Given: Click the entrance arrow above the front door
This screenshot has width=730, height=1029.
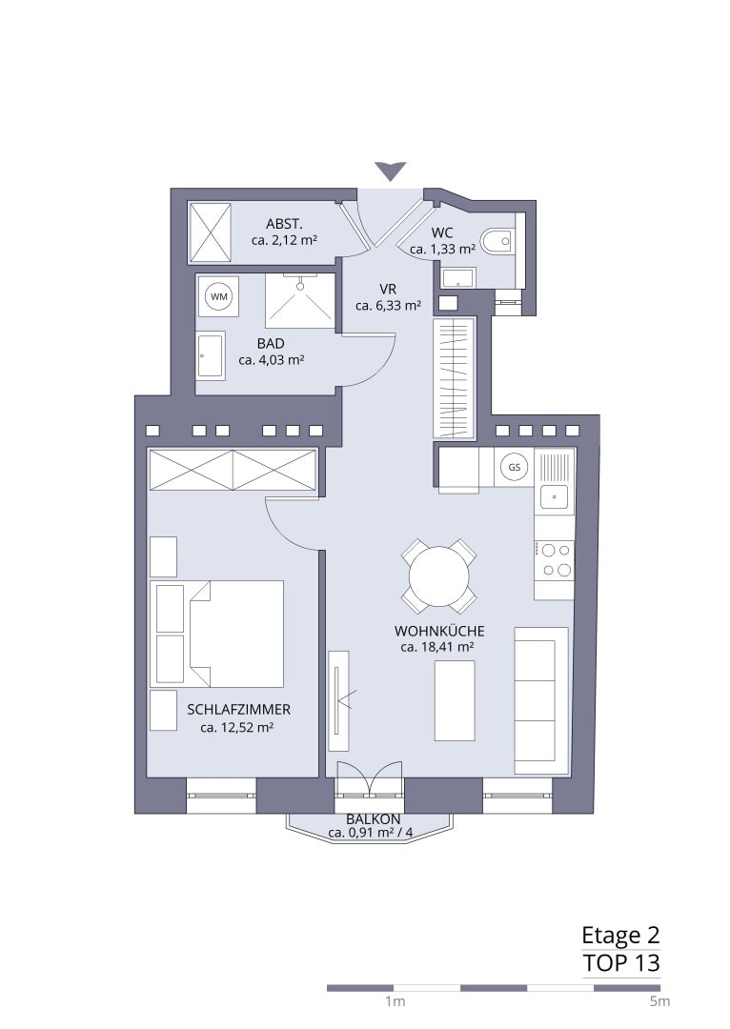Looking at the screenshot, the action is (392, 171).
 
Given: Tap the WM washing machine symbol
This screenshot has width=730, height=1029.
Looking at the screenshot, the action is (218, 296).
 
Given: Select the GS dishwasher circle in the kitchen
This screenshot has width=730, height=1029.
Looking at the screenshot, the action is (514, 467).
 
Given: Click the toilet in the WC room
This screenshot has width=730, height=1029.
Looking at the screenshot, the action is (497, 241).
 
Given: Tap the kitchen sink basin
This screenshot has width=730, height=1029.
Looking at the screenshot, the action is (554, 496).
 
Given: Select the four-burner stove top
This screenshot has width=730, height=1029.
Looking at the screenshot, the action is (554, 560).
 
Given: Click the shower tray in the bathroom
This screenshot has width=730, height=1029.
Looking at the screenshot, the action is (300, 300).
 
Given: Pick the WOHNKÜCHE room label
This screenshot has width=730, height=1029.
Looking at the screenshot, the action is (439, 632).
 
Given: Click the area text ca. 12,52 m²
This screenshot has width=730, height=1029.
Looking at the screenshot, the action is (237, 727).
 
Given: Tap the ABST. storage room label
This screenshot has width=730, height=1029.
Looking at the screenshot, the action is (284, 224).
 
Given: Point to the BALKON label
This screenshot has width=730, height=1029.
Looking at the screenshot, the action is (373, 819).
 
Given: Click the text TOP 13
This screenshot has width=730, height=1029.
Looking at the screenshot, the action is (621, 963).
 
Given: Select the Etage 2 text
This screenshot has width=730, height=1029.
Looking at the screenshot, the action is (621, 935).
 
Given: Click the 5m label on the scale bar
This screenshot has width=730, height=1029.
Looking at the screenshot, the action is (659, 1001).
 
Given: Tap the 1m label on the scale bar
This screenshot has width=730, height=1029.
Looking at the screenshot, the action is (395, 1001).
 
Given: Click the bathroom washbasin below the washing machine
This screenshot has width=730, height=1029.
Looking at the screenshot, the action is (212, 355).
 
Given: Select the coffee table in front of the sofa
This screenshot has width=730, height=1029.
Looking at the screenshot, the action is (455, 700).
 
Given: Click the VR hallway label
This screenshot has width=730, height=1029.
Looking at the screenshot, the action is (388, 290).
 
